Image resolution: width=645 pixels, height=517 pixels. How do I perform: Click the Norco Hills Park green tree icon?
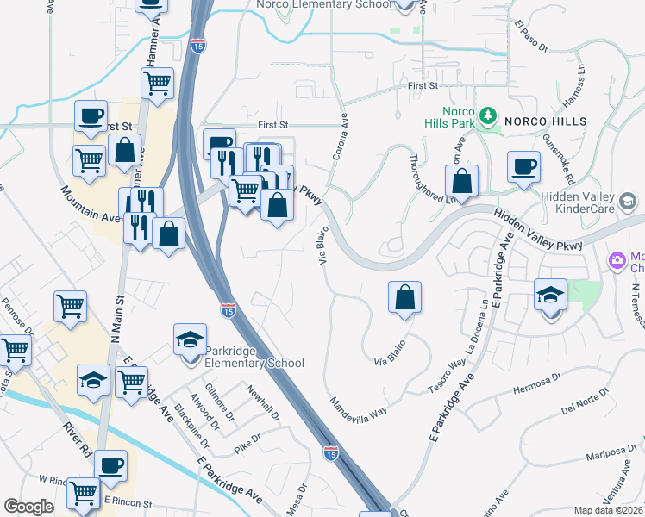(x=488, y=115)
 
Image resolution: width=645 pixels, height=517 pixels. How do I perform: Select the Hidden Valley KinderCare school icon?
(x=628, y=202)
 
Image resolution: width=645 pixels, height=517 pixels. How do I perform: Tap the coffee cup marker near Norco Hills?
(x=523, y=166)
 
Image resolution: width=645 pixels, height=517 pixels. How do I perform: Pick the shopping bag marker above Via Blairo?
(x=404, y=298)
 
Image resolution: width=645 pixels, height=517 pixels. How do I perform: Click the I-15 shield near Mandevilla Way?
(x=331, y=452)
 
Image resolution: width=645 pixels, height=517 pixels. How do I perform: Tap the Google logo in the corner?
(x=29, y=507)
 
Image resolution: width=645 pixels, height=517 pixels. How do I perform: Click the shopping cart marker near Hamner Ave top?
(x=158, y=84)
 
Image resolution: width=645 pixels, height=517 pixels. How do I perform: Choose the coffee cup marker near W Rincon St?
(x=110, y=466)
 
